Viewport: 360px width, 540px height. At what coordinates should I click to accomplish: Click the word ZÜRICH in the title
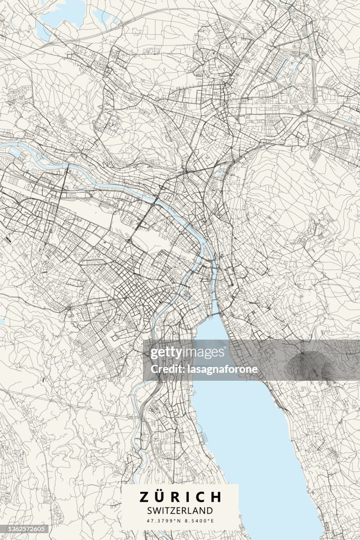[x=180, y=497]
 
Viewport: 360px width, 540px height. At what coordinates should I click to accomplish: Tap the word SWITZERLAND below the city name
[x=180, y=510]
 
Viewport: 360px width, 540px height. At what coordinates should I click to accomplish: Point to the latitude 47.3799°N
[x=163, y=521]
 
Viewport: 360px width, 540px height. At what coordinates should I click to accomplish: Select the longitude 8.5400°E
[x=198, y=521]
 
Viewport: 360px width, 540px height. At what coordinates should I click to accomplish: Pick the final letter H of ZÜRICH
[x=216, y=497]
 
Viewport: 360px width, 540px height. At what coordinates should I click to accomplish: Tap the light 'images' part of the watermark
[x=201, y=353]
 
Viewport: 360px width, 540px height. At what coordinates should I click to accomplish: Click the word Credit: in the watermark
[x=166, y=369]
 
